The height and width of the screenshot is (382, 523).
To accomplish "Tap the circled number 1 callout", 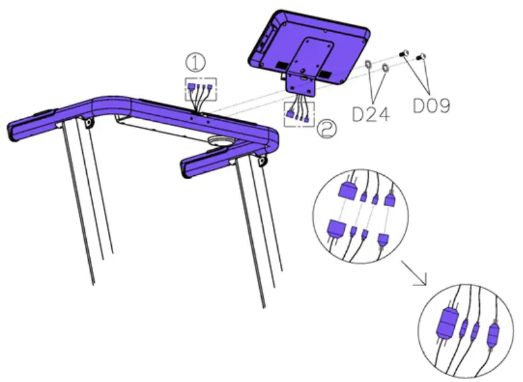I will [196, 63].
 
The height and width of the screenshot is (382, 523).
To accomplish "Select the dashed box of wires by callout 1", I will [201, 89].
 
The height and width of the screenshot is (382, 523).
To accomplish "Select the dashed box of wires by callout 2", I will [299, 112].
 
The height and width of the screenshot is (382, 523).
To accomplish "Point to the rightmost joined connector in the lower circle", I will [492, 334].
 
